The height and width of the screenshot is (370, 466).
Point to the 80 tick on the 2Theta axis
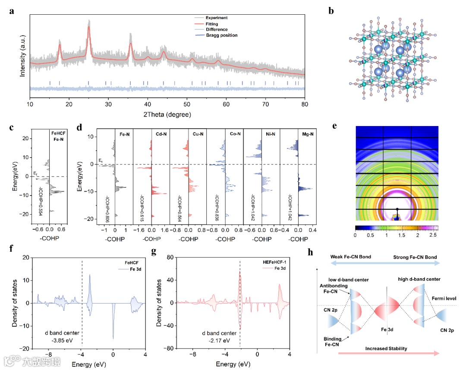(305, 104)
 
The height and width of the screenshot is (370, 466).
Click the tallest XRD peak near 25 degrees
(89, 27)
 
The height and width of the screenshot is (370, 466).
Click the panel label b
(331, 11)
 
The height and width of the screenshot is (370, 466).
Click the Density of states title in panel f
(15, 303)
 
